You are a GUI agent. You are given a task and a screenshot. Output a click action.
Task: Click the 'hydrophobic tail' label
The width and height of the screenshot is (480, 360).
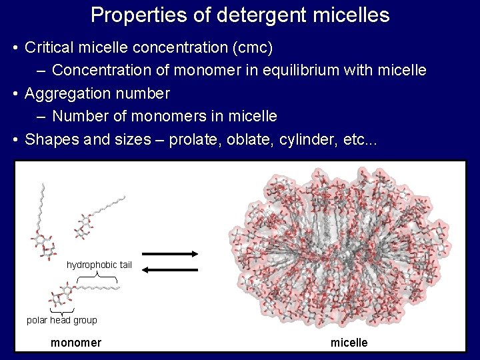tap(99, 265)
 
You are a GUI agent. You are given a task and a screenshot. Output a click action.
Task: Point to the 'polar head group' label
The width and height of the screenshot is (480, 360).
tap(62, 320)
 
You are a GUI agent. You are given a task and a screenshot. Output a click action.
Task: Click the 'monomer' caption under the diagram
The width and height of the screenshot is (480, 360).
tap(76, 343)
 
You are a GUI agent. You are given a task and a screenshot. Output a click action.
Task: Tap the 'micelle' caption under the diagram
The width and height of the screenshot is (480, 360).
tap(349, 343)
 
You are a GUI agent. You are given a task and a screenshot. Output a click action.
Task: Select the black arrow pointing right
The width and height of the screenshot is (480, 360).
tap(170, 253)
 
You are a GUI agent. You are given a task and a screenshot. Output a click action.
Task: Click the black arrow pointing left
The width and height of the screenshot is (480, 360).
tap(170, 270)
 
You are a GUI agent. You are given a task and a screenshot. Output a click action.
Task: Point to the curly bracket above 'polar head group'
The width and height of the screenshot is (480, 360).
tap(61, 311)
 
